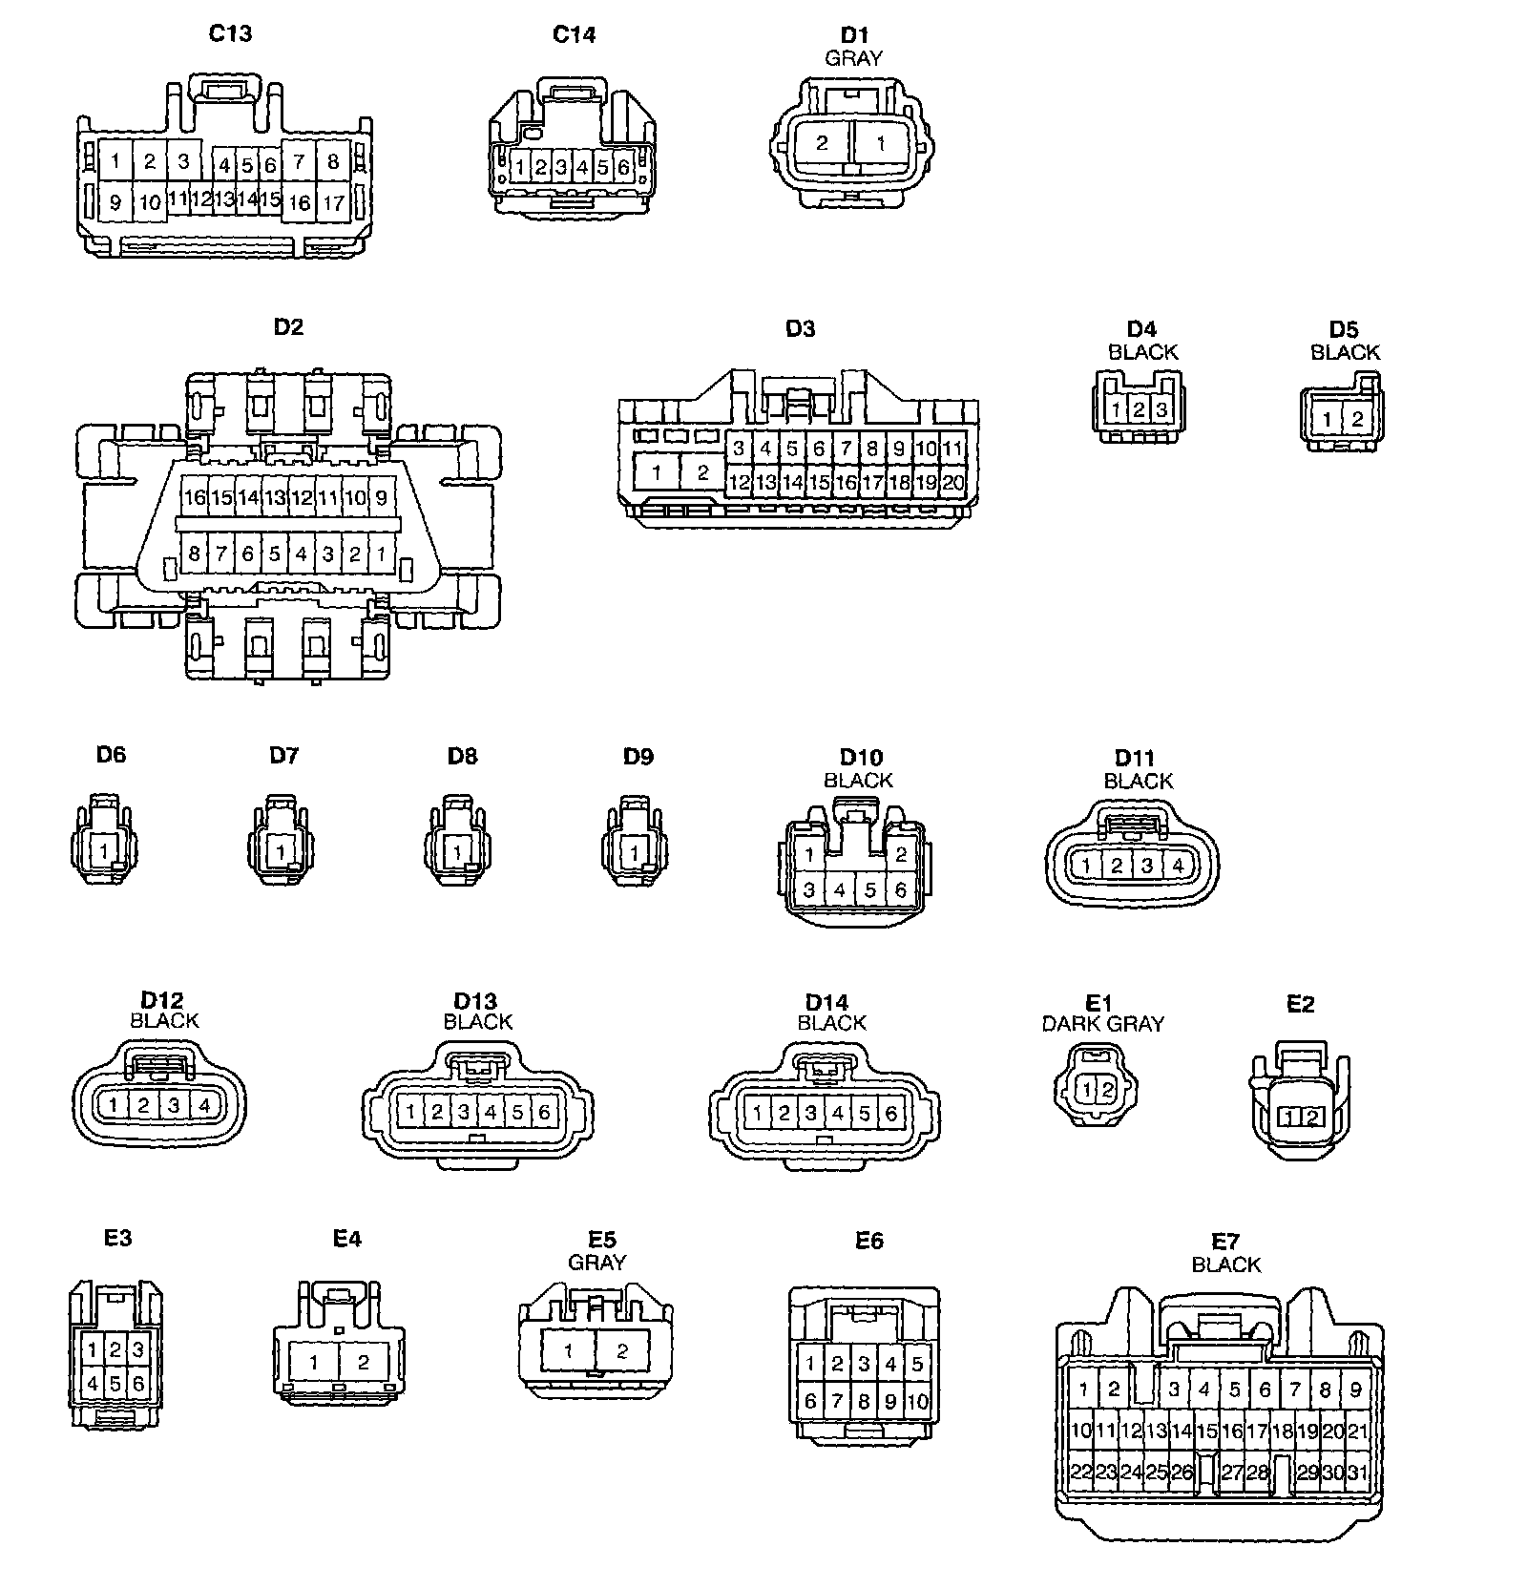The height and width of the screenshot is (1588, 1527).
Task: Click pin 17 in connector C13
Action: click(333, 202)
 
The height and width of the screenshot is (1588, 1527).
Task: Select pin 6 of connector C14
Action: click(624, 168)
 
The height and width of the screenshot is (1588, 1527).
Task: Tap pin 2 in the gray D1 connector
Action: click(822, 144)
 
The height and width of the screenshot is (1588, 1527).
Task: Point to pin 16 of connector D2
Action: click(195, 497)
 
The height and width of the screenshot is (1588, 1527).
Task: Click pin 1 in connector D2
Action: click(381, 554)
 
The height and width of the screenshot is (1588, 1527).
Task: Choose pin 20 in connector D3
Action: click(952, 483)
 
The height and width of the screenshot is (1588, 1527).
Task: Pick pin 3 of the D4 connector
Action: click(1161, 410)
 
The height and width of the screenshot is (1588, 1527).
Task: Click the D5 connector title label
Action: click(1343, 329)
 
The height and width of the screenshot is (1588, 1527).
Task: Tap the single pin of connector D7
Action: click(281, 850)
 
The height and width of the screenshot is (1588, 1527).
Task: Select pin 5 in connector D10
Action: click(870, 890)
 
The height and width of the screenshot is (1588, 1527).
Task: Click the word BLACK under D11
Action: click(1138, 781)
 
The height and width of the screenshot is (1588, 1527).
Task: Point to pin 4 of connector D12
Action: click(204, 1106)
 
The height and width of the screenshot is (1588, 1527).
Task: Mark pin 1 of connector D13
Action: click(410, 1112)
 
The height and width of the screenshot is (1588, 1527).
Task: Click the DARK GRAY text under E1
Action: click(1102, 1024)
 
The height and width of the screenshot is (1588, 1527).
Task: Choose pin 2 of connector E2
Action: click(1312, 1118)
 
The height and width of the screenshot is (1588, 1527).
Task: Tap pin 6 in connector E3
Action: click(137, 1383)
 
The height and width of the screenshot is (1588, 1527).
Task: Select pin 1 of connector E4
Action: click(314, 1363)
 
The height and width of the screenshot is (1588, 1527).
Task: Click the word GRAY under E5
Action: click(597, 1263)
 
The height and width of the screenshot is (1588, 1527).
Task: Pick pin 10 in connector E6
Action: click(917, 1402)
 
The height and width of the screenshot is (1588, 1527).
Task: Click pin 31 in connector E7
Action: click(1357, 1473)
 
